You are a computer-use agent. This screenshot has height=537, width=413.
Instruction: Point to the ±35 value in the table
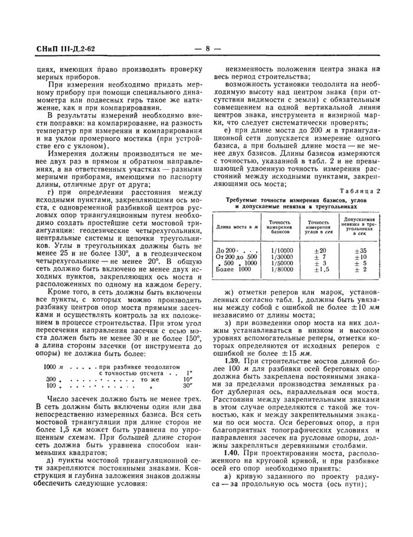pos(360,251)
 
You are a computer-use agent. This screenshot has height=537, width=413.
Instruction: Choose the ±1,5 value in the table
pos(320,270)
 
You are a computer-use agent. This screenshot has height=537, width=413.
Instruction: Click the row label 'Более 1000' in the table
pos(234,270)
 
